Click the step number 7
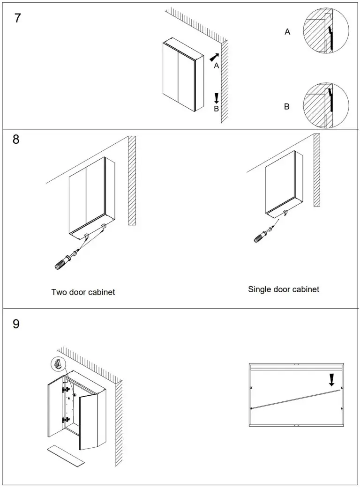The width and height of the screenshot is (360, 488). pos(17,19)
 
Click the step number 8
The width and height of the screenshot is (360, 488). pos(16,140)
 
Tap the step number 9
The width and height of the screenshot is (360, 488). pos(16,324)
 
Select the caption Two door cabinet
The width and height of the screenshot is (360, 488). pos(83,292)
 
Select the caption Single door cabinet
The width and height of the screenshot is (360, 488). pos(283,289)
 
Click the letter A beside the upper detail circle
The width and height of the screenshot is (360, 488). pos(287,32)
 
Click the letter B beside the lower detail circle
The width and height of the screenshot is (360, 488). pos(286,107)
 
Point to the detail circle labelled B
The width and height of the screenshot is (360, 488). pos(326,105)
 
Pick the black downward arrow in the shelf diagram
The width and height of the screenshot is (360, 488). pos(332,379)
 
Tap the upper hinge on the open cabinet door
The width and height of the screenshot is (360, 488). pos(67,389)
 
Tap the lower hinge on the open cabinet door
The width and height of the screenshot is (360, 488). pos(67,419)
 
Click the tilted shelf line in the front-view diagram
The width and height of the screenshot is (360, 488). pos(295,398)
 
